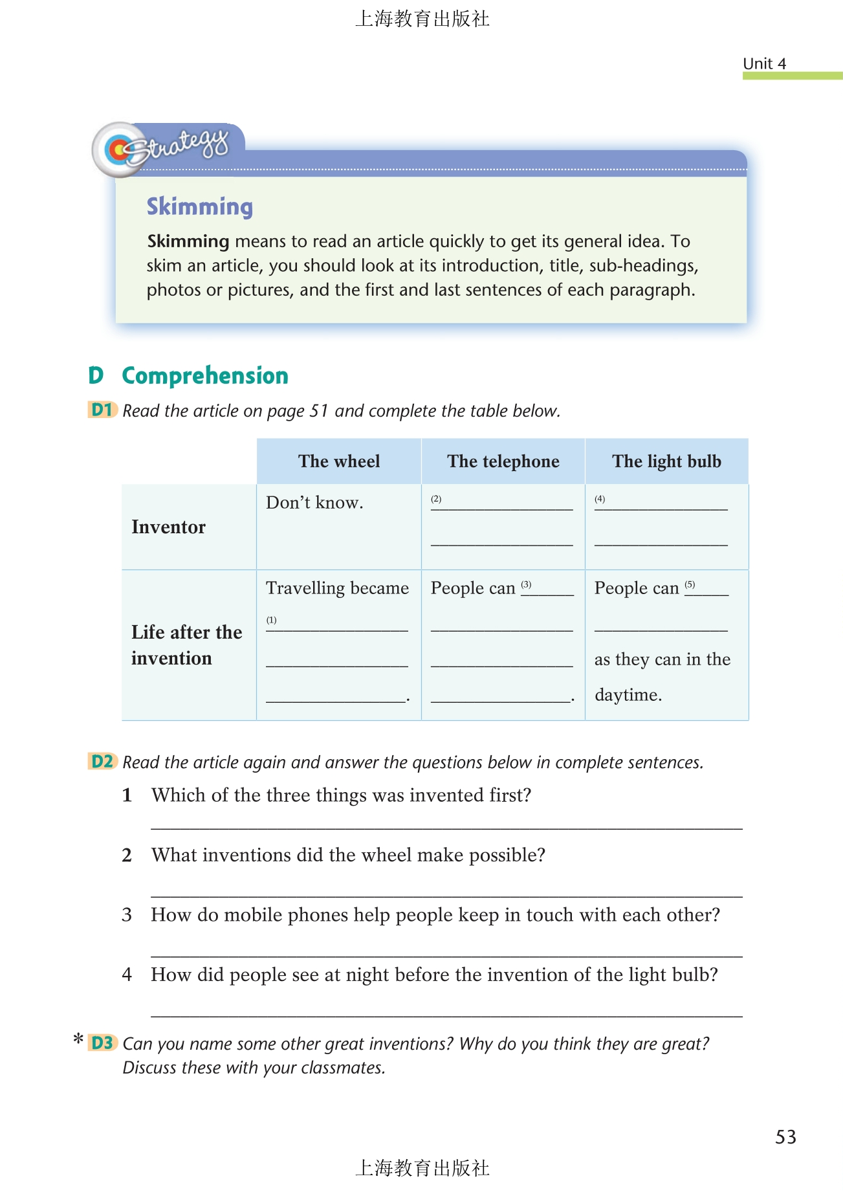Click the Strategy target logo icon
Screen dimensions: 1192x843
pyautogui.click(x=118, y=150)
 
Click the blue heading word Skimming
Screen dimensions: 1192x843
pyautogui.click(x=199, y=207)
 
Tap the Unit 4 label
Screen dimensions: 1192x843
pyautogui.click(x=764, y=63)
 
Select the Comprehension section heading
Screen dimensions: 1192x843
pyautogui.click(x=204, y=376)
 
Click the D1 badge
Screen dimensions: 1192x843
pyautogui.click(x=102, y=410)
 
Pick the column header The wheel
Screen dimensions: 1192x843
pyautogui.click(x=339, y=461)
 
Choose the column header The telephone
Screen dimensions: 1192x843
pyautogui.click(x=503, y=461)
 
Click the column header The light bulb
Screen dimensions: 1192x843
pyautogui.click(x=666, y=461)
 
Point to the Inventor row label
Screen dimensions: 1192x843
pyautogui.click(x=168, y=527)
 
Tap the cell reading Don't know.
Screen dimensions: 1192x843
pyautogui.click(x=314, y=503)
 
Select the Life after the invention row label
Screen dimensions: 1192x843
pyautogui.click(x=186, y=645)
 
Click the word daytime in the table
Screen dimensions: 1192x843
pyautogui.click(x=628, y=695)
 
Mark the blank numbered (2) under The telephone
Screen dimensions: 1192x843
pyautogui.click(x=502, y=504)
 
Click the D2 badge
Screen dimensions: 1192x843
pyautogui.click(x=102, y=762)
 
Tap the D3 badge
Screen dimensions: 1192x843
pyautogui.click(x=102, y=1043)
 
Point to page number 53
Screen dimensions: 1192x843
pyautogui.click(x=785, y=1137)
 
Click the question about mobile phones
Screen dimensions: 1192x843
pyautogui.click(x=435, y=915)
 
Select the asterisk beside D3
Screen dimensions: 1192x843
pyautogui.click(x=78, y=1040)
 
